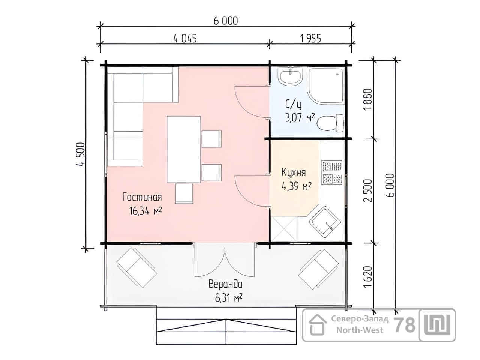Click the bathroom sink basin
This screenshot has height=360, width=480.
[290, 76]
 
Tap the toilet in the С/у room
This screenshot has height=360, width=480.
[330, 123]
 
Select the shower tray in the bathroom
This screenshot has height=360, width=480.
[325, 85]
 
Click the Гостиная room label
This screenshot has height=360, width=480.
[142, 197]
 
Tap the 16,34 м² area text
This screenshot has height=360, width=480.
[145, 211]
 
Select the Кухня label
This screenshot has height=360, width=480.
[294, 172]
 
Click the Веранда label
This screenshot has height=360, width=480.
[225, 284]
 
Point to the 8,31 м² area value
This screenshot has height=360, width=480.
[229, 298]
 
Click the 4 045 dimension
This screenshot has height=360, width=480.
[185, 39]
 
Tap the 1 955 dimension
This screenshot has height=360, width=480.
[310, 39]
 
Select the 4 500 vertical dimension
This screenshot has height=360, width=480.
[80, 155]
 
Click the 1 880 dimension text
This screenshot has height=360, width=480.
[368, 99]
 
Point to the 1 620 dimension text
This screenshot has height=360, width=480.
[368, 277]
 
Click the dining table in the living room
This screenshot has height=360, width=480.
[184, 150]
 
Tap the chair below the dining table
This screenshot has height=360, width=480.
[184, 193]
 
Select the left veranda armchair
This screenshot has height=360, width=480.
[136, 267]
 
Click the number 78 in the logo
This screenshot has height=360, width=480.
[405, 325]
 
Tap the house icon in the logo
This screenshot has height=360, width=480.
[318, 325]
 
